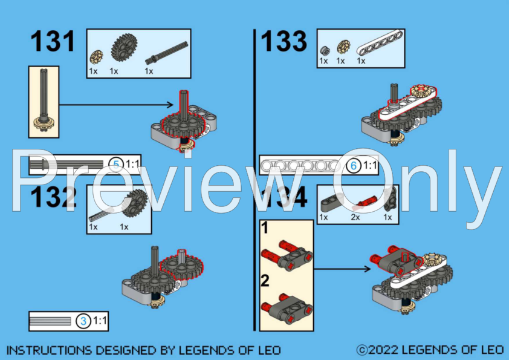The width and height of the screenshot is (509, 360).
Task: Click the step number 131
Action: tap(53, 42)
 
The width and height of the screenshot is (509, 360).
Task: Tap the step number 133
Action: tap(284, 42)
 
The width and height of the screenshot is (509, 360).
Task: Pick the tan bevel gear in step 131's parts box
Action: tap(95, 58)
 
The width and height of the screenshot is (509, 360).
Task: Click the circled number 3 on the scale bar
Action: tap(83, 321)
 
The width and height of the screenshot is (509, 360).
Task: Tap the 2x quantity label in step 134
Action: tap(356, 217)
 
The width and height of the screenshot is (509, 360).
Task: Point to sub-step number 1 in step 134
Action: tap(264, 229)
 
